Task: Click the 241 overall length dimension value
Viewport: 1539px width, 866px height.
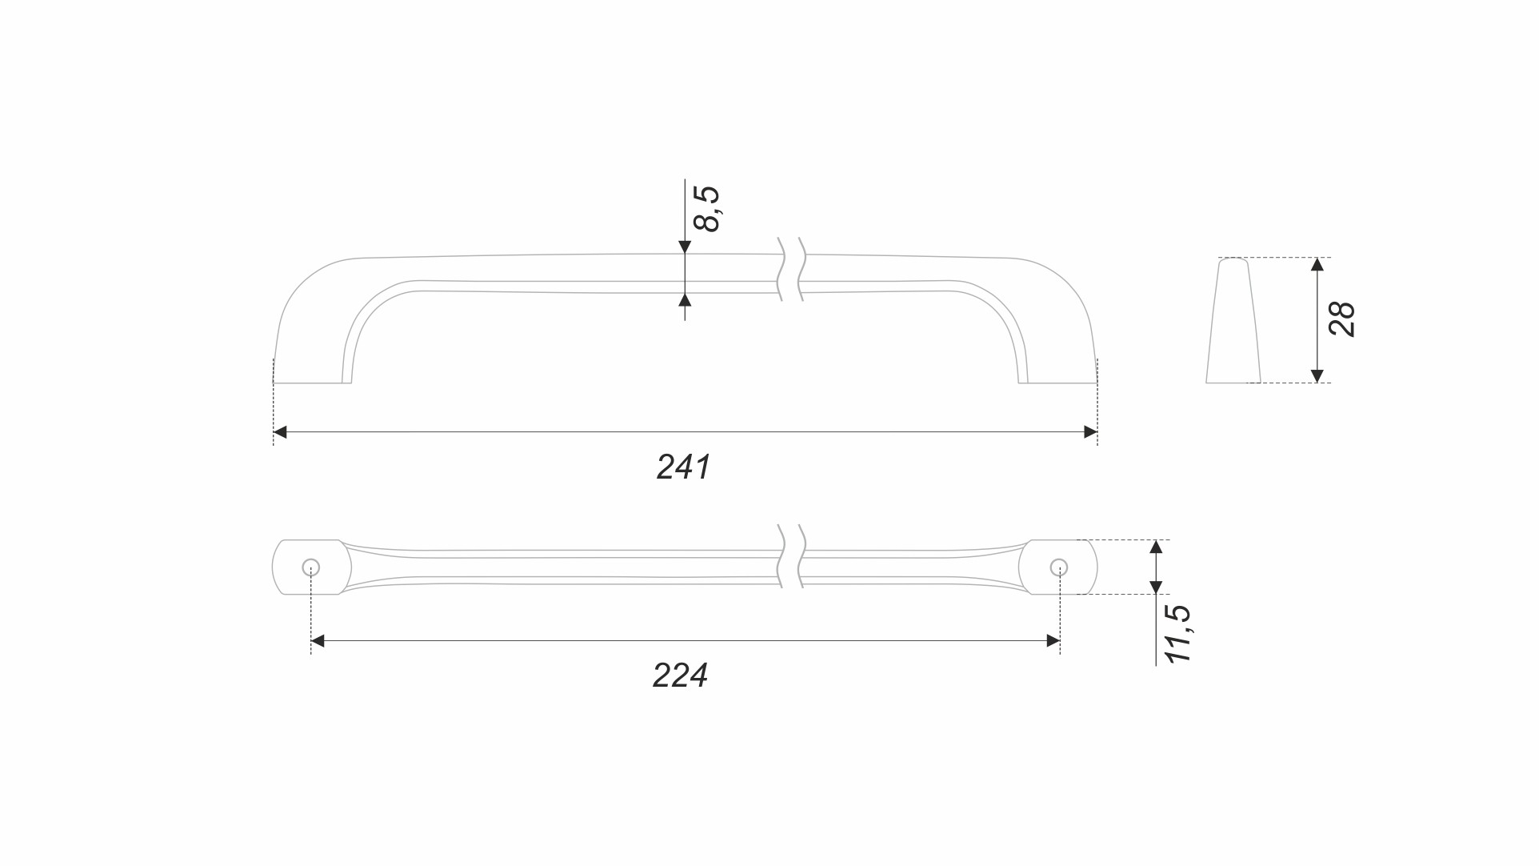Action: [683, 467]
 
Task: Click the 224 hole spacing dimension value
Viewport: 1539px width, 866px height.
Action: [680, 676]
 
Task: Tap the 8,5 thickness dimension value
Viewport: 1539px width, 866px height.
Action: [707, 208]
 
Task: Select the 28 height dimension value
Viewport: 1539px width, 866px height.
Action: [1341, 319]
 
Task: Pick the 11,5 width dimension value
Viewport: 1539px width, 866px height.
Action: [1178, 633]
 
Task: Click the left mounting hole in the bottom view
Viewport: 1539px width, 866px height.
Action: [311, 567]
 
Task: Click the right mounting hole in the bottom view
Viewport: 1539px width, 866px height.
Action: [1059, 567]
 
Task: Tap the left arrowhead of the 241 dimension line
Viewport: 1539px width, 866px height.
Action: [280, 432]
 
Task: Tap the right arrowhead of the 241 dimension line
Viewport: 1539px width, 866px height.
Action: [1090, 432]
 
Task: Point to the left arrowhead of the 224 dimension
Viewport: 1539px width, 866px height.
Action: [318, 640]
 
